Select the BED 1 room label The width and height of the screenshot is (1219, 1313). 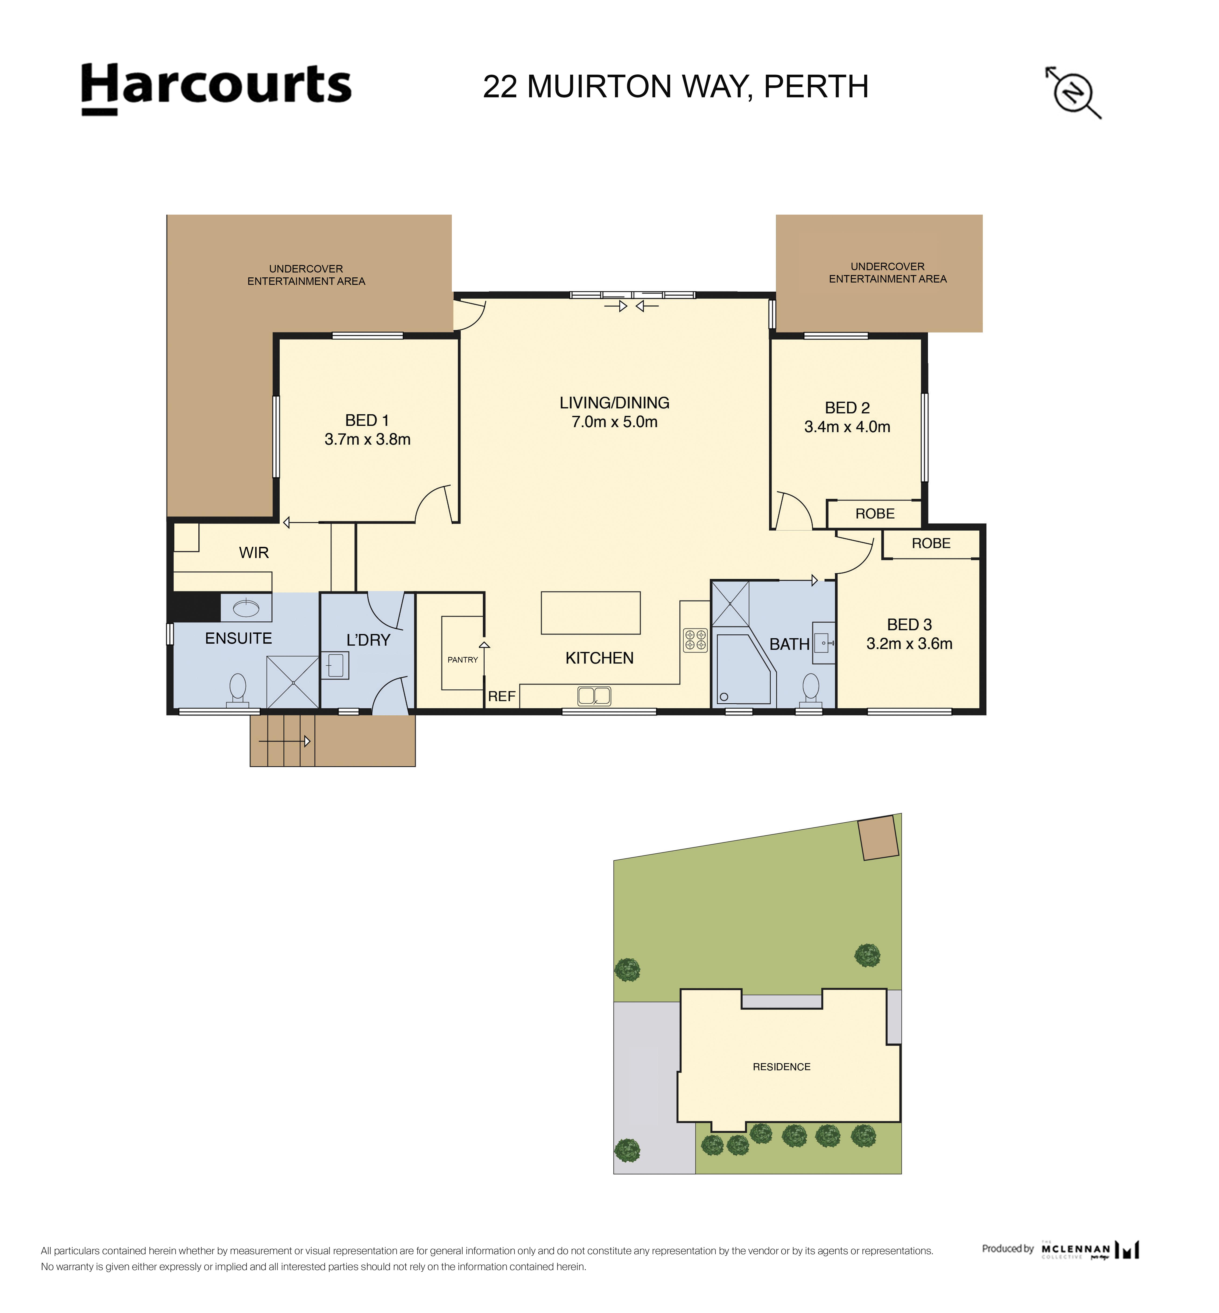tap(367, 420)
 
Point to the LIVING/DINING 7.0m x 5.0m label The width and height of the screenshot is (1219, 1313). tap(614, 412)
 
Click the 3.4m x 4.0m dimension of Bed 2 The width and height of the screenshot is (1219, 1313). tap(847, 427)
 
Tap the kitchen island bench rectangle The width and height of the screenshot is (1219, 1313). tap(590, 613)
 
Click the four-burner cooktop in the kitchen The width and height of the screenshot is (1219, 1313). tap(695, 640)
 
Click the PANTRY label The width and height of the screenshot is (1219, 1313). tap(462, 660)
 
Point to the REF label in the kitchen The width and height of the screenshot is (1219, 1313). tap(501, 696)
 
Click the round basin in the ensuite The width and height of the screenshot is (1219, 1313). tap(246, 607)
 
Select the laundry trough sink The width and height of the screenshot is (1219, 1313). tap(335, 665)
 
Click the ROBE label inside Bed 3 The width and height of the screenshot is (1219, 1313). tap(931, 543)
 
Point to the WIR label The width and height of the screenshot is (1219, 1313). tap(254, 553)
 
